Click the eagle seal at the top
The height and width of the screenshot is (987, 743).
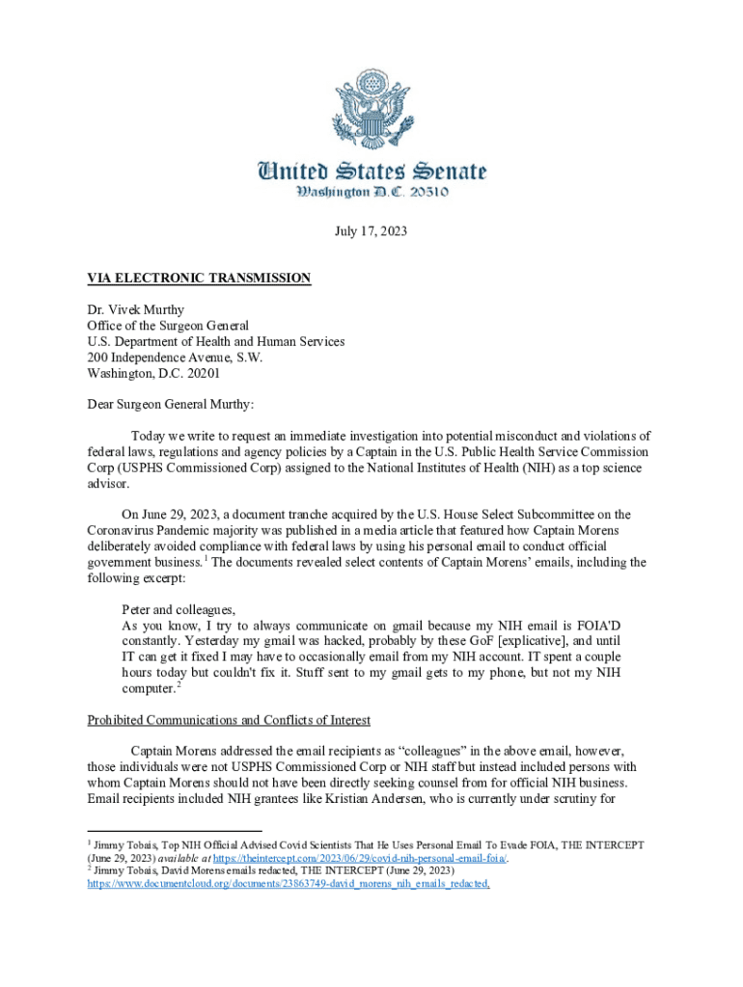[371, 109]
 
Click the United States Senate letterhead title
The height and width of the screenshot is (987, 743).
[371, 173]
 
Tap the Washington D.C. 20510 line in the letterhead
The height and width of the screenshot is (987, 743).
[371, 194]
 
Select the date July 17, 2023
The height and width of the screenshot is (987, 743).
[371, 231]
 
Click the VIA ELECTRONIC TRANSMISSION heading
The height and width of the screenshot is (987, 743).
[199, 279]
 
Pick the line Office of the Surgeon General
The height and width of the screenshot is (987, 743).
[168, 326]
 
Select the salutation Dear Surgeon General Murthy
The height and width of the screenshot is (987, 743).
[171, 404]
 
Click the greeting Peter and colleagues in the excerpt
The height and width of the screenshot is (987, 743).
[179, 609]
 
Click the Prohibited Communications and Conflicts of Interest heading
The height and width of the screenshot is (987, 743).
[230, 720]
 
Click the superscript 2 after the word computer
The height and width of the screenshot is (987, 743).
[179, 685]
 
